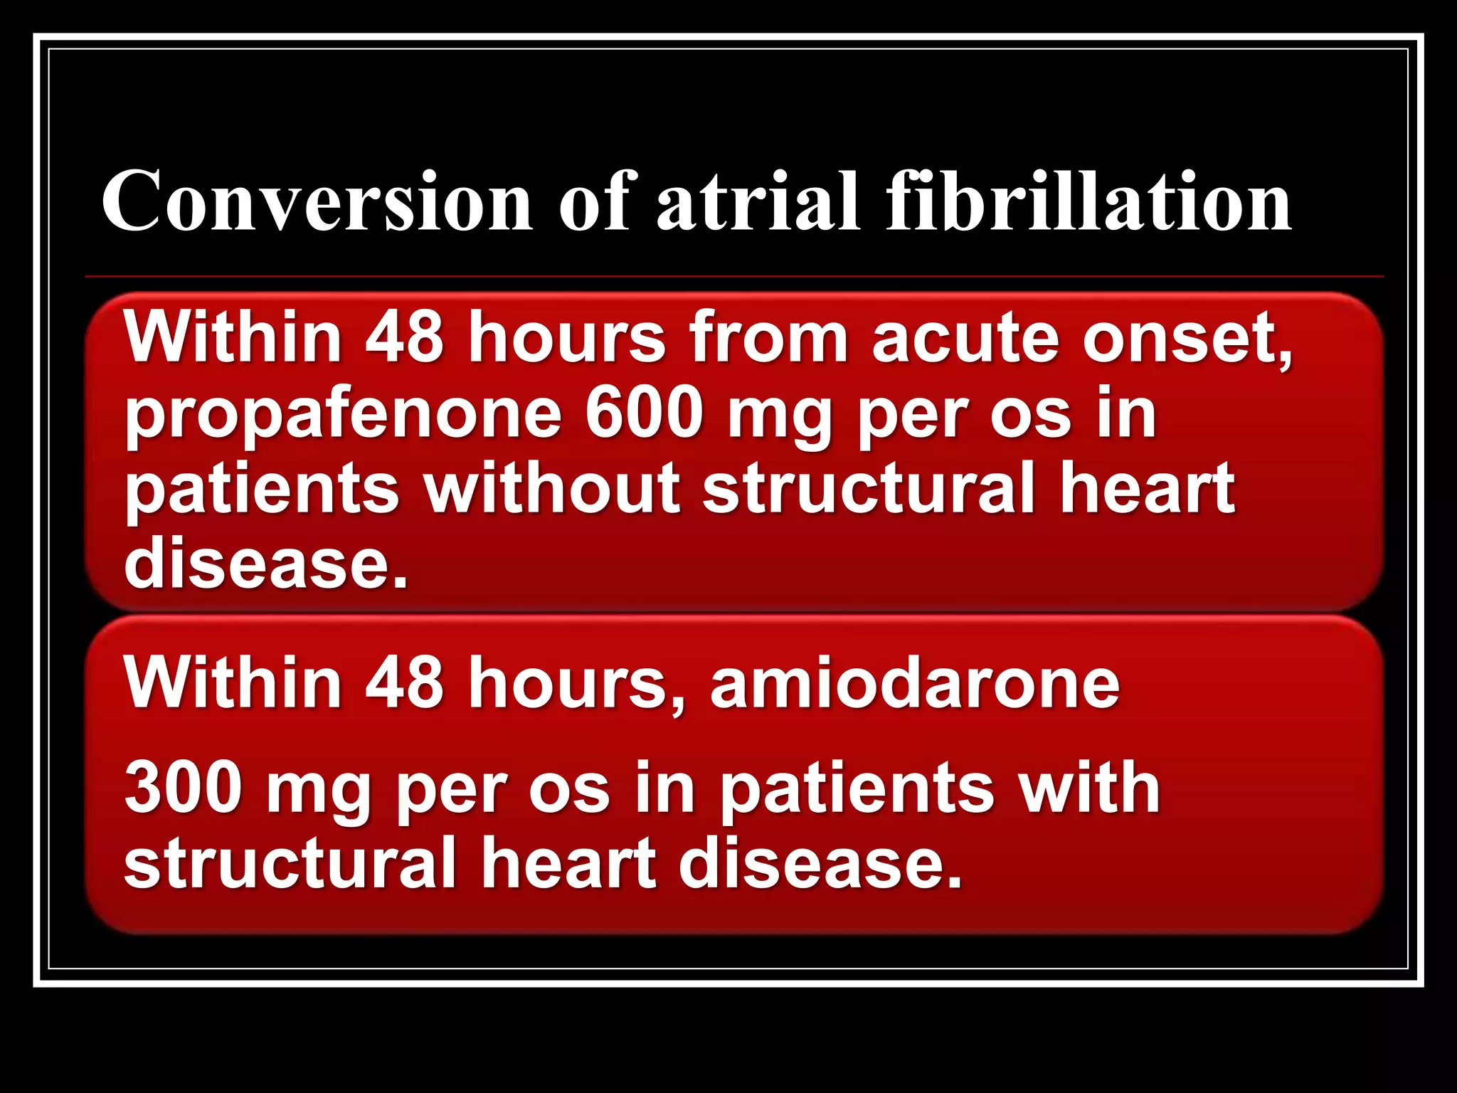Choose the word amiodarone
click(915, 683)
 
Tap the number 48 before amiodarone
click(404, 683)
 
